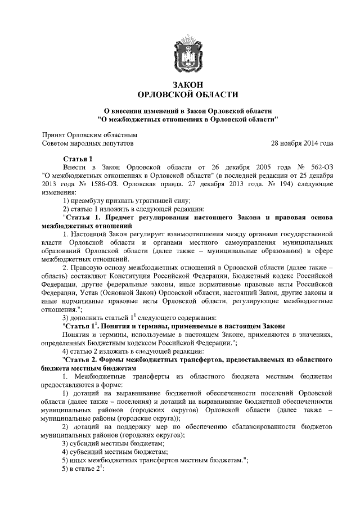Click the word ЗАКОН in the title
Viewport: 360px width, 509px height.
[188, 84]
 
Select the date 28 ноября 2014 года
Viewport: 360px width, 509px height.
[302, 143]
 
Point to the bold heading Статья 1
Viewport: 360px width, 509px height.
[77, 160]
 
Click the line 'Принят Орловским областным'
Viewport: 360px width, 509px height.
[90, 135]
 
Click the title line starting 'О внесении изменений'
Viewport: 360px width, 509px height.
[188, 111]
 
